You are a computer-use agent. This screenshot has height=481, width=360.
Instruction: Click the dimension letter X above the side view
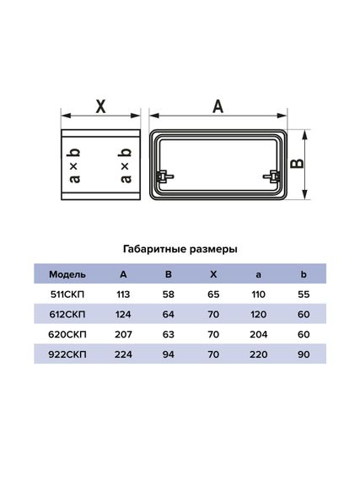tap(99, 106)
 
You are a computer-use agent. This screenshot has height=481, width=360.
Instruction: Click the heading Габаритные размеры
tap(180, 250)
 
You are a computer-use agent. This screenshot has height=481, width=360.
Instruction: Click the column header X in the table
tap(213, 274)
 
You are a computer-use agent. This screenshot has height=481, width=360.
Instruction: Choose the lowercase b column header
tap(304, 274)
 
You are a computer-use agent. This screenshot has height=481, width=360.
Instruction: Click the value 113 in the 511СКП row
tap(124, 295)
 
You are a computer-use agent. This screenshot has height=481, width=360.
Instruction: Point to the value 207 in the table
tap(124, 335)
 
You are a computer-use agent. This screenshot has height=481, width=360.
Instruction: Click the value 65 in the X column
tap(213, 295)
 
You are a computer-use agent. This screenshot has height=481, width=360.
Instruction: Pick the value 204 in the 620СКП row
tap(258, 335)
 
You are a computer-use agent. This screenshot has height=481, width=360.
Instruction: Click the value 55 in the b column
tap(304, 295)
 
